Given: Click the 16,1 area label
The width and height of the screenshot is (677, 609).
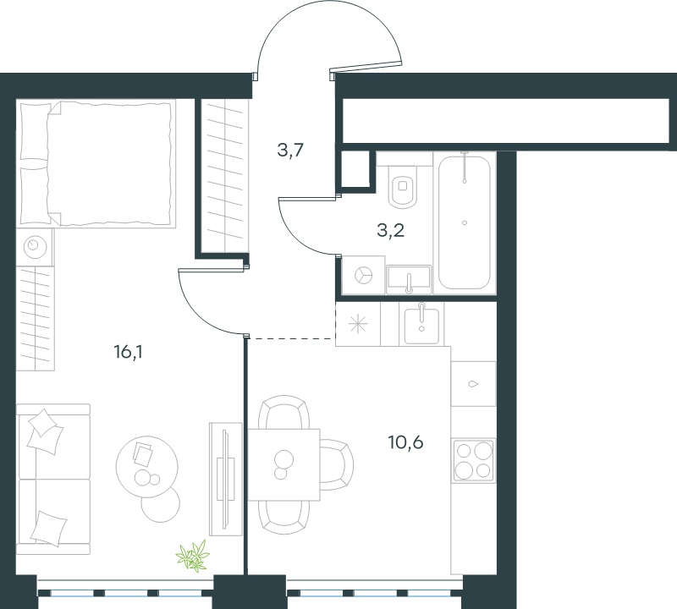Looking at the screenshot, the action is pyautogui.click(x=129, y=352).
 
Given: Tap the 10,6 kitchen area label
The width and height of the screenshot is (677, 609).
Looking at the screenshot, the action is pyautogui.click(x=405, y=442).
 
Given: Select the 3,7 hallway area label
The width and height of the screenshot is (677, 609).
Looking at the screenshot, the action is pyautogui.click(x=290, y=151).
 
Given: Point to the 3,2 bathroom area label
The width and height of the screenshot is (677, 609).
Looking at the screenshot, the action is pyautogui.click(x=390, y=230).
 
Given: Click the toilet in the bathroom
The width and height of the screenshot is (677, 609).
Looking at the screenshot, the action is pyautogui.click(x=403, y=186).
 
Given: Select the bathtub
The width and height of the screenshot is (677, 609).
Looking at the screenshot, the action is pyautogui.click(x=465, y=222).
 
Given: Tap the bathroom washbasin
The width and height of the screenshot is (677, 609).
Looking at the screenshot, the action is pyautogui.click(x=409, y=279).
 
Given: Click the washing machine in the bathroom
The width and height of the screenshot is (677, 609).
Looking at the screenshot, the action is pyautogui.click(x=363, y=275).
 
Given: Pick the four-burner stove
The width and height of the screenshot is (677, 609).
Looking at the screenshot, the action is pyautogui.click(x=473, y=460).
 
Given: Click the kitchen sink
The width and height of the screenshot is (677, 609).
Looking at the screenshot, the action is pyautogui.click(x=421, y=324).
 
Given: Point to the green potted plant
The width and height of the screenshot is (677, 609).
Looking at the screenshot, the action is pyautogui.click(x=193, y=557).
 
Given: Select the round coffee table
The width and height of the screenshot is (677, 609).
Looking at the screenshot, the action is pyautogui.click(x=146, y=466).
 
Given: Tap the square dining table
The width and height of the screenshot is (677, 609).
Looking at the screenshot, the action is pyautogui.click(x=283, y=464).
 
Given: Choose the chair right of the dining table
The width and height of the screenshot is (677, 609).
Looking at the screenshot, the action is pyautogui.click(x=336, y=465).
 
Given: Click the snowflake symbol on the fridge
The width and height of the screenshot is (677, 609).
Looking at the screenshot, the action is pyautogui.click(x=358, y=324).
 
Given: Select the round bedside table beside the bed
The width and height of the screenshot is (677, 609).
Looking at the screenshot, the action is pyautogui.click(x=35, y=247).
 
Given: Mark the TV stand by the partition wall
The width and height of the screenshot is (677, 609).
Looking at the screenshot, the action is pyautogui.click(x=225, y=479).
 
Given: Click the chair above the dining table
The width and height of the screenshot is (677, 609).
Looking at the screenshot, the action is pyautogui.click(x=283, y=412).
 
